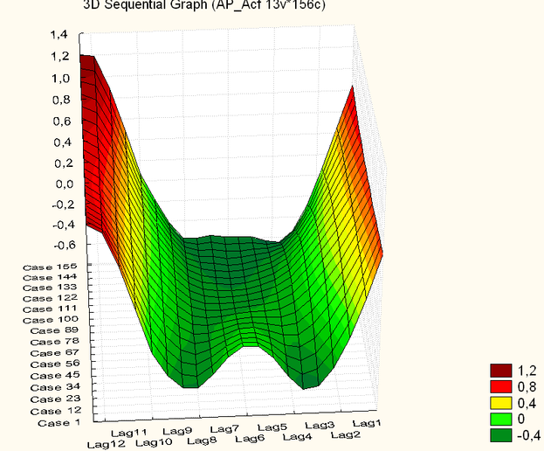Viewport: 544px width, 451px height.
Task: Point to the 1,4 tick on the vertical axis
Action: [59, 35]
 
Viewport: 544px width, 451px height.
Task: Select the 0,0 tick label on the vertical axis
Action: [59, 184]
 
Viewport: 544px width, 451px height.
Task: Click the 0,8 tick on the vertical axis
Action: [59, 99]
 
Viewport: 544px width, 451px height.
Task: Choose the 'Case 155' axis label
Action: [51, 265]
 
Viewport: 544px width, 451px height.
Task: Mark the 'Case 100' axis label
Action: [51, 320]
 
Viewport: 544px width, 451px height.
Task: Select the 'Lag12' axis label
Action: [107, 444]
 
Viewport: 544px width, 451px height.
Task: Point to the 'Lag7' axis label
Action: [224, 429]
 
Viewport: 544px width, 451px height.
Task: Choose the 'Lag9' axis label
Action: [176, 431]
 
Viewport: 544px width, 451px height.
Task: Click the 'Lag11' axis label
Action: [128, 432]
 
